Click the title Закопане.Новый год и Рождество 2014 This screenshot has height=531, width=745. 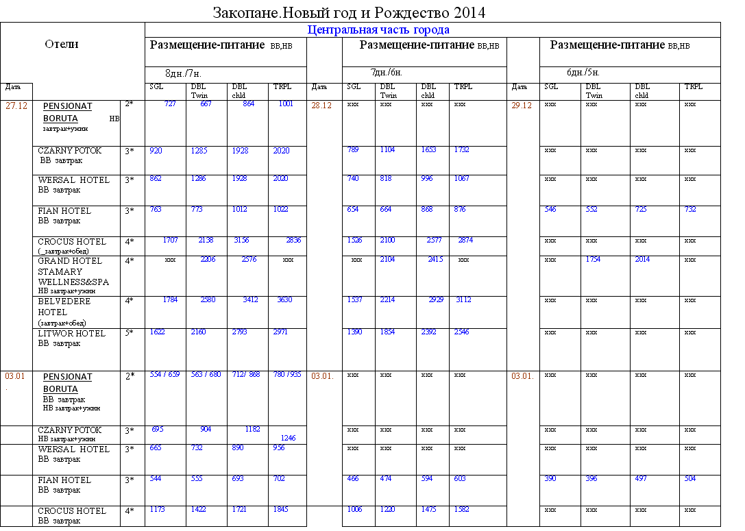(x=349, y=12)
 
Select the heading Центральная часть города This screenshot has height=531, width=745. (x=378, y=29)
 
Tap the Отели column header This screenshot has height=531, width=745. (x=62, y=44)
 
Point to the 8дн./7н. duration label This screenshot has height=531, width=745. (x=183, y=73)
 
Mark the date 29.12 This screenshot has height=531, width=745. (x=522, y=106)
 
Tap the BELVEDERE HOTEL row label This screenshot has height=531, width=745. (x=64, y=306)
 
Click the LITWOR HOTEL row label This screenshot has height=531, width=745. (x=71, y=334)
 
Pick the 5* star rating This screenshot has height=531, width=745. (x=130, y=333)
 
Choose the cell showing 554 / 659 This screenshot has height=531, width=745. (x=164, y=374)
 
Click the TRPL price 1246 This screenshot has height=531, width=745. (x=288, y=438)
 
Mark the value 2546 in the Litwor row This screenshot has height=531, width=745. (x=461, y=332)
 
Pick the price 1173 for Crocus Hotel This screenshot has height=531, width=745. (x=158, y=509)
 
